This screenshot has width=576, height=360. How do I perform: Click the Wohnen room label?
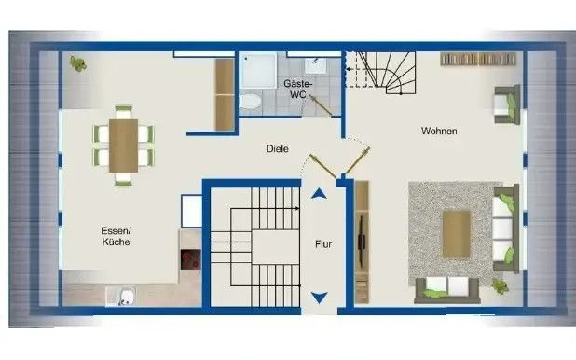[438, 132]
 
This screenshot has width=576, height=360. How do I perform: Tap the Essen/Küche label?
[117, 235]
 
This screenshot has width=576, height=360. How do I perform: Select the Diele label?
[277, 148]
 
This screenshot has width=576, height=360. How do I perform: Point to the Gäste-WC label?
[297, 89]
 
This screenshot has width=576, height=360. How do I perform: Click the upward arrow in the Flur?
[320, 195]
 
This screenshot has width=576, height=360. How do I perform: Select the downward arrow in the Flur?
[320, 298]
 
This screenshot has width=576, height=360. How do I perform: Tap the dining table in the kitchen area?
[122, 145]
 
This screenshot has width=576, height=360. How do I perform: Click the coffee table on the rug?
[455, 233]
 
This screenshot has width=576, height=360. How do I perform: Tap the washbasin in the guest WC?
[315, 65]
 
